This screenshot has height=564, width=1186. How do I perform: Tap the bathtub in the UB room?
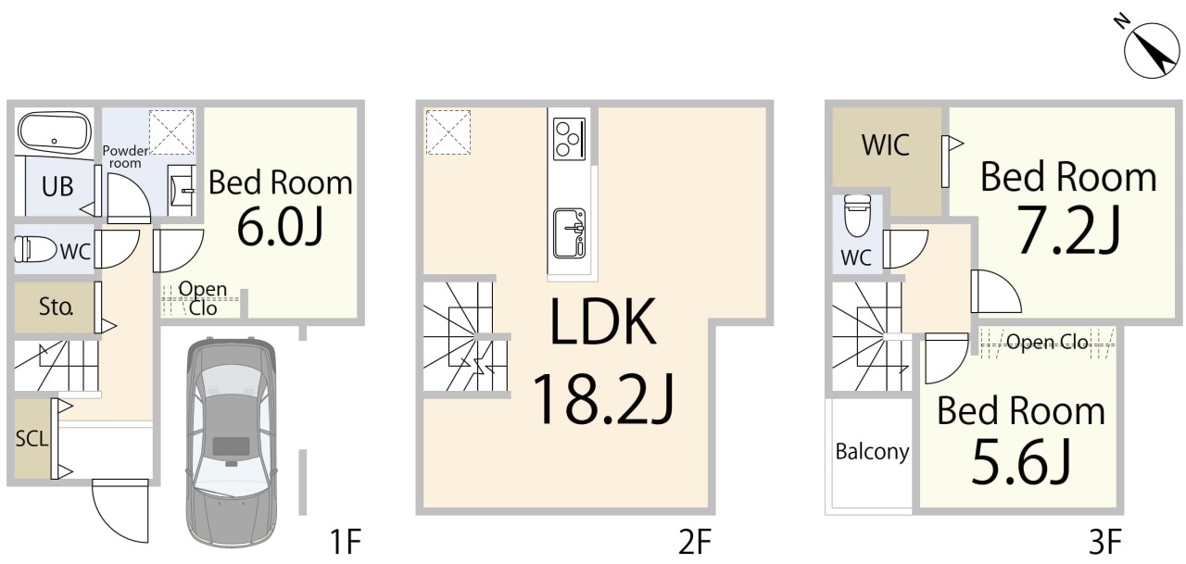54,132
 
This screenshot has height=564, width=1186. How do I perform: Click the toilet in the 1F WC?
35,249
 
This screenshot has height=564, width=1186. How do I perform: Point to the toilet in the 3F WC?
857,215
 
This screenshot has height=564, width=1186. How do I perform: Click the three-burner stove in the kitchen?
569,139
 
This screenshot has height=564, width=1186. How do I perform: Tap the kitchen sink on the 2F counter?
569,232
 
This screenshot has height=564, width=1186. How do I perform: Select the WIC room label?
885,145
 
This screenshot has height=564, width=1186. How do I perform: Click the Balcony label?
872,452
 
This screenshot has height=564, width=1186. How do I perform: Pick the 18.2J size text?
603,399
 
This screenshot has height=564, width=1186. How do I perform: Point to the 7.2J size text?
1068,231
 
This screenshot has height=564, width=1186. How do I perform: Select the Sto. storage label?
56,307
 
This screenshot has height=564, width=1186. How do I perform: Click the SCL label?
32,439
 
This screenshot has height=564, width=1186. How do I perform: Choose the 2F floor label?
695,541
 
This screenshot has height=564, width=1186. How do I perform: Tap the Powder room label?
125,157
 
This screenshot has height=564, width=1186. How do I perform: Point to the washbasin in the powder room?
182,190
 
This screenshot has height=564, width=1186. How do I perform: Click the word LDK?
603,321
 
